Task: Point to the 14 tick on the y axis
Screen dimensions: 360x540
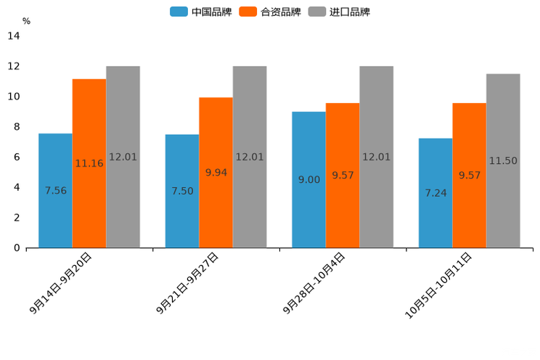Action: pos(14,36)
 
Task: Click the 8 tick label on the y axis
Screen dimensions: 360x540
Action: pos(17,127)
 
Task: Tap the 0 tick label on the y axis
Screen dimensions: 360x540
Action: pos(17,248)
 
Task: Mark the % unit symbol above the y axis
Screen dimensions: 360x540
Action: pos(26,21)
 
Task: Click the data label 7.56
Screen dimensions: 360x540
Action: pos(56,191)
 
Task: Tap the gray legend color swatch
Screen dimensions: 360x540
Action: pos(316,12)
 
